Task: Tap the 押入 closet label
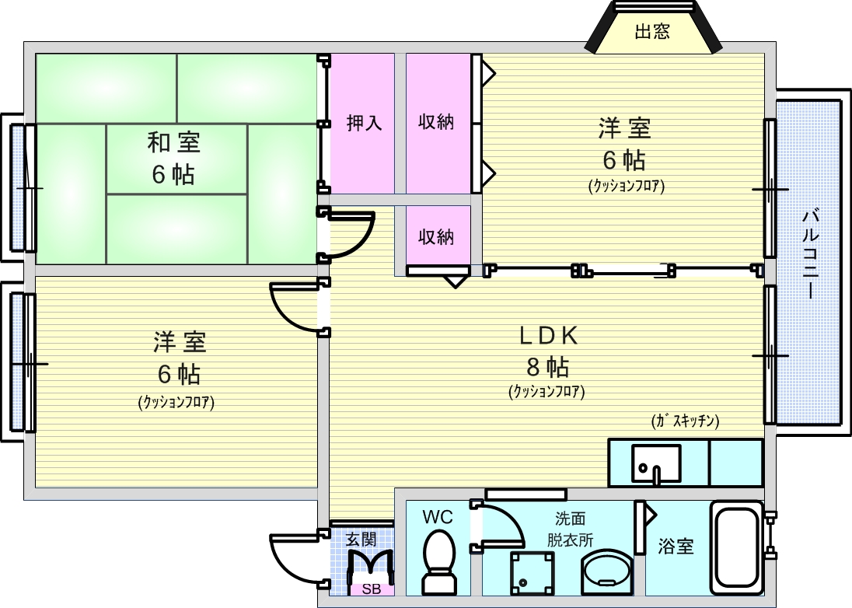click(364, 123)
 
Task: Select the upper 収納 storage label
click(436, 122)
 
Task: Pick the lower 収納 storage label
click(436, 236)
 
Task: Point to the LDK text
click(548, 335)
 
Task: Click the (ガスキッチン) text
click(685, 421)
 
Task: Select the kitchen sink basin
click(656, 463)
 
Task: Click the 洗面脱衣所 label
click(570, 529)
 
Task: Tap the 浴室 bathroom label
click(676, 547)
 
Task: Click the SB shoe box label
click(365, 589)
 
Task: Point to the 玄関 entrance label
click(361, 538)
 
